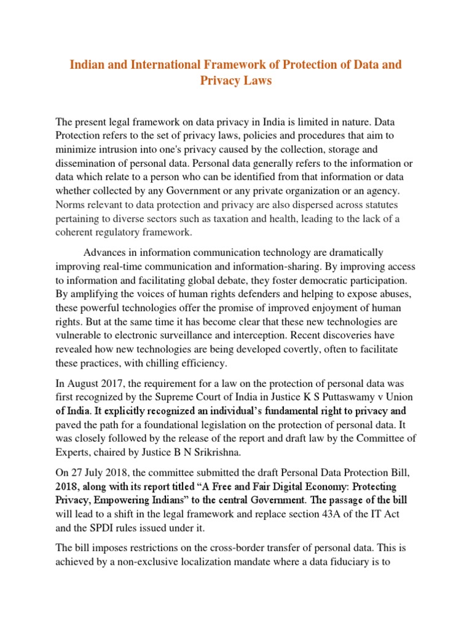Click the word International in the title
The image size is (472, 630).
tap(165, 65)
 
